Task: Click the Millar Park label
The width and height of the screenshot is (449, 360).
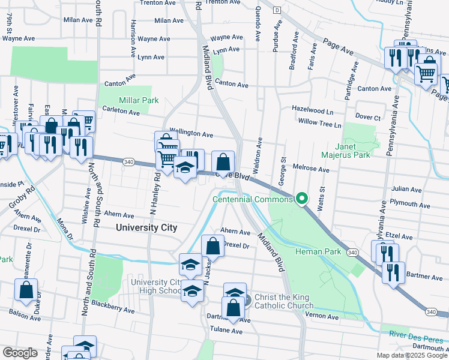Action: [139, 100]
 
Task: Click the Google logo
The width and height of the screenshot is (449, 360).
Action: [20, 353]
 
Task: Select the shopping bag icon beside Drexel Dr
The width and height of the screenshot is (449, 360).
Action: [212, 245]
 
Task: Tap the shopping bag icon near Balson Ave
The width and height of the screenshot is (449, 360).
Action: [27, 290]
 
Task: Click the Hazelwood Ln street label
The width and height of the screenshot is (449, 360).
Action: [312, 111]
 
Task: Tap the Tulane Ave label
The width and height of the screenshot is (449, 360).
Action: [226, 331]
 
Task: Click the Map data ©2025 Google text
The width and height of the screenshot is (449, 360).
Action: [412, 355]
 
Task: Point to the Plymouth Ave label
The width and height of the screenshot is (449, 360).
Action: [411, 205]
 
